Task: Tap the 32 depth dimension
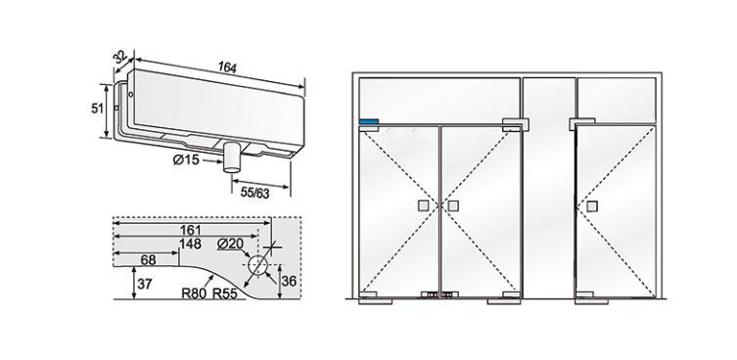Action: point(121,58)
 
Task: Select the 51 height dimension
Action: point(99,109)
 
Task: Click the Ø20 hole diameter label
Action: point(231,244)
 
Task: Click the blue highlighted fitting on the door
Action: point(370,124)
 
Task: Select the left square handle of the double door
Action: point(422,206)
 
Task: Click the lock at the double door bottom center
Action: point(438,295)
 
